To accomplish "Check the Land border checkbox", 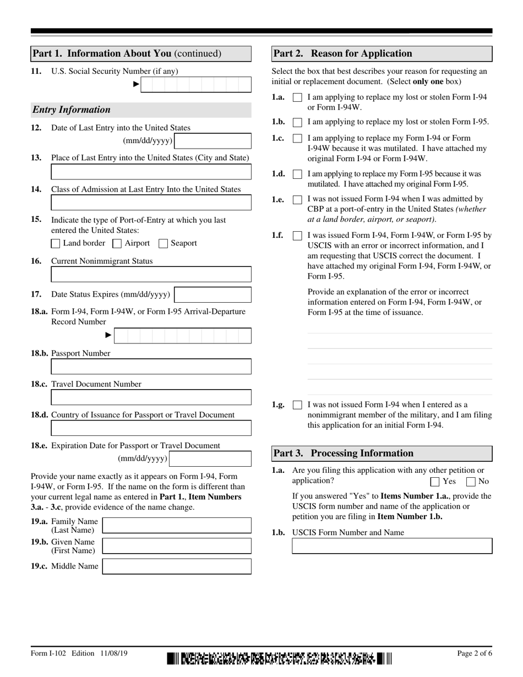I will click(56, 243).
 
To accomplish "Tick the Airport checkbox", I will click(117, 243).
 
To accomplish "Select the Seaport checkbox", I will click(163, 243).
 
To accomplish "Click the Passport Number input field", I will click(151, 367).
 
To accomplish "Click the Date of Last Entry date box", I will click(213, 141).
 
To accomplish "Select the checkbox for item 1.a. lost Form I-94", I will click(297, 97).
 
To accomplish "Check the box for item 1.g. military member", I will click(297, 405).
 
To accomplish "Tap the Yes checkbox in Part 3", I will click(434, 482).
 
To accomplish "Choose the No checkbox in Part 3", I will click(471, 482).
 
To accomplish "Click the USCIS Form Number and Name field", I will click(391, 546).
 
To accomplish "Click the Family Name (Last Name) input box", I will click(177, 526).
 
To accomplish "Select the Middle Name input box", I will click(177, 566).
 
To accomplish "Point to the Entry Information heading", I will click(72, 110).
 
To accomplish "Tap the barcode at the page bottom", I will click(279, 658).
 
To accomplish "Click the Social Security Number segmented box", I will click(196, 84).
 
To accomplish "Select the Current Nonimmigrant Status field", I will click(151, 274).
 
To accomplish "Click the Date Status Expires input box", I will click(213, 295).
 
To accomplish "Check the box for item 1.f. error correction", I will click(297, 236).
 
